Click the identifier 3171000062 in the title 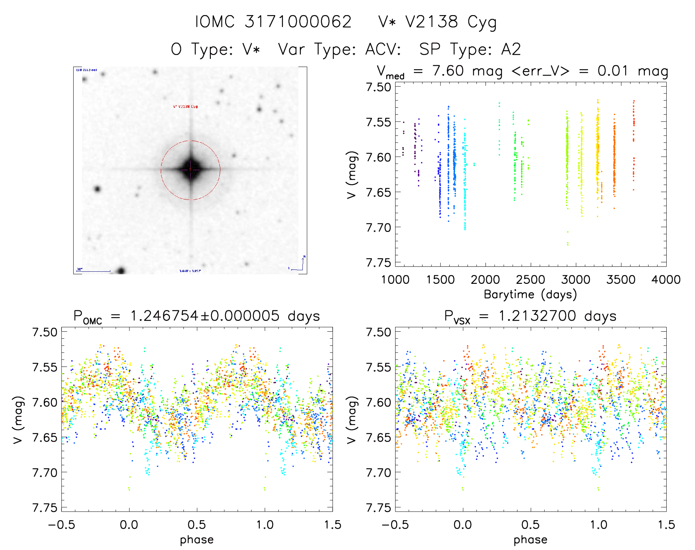[298, 22]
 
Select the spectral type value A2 [511, 49]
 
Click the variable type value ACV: [383, 49]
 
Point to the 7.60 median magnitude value [448, 71]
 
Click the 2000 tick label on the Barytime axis [485, 280]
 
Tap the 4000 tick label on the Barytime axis [666, 280]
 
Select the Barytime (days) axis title [530, 295]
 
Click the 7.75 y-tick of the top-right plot [378, 262]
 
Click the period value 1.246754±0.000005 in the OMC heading [205, 316]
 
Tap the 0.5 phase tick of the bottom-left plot [197, 525]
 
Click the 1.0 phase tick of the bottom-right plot [599, 525]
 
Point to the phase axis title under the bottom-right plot [530, 540]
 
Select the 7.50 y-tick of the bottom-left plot [45, 332]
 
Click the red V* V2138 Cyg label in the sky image [185, 107]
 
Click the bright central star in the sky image [190, 170]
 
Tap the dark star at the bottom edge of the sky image [121, 271]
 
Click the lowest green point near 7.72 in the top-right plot [568, 244]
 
